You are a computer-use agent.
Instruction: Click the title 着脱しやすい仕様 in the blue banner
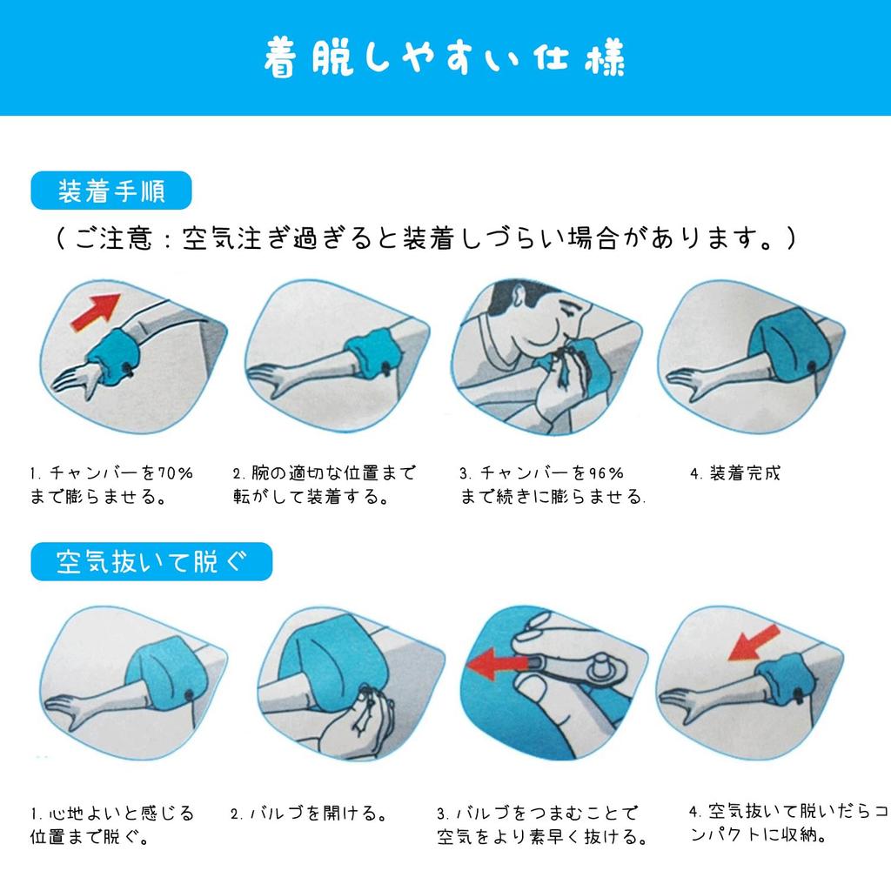(x=445, y=57)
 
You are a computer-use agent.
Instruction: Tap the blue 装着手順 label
(x=111, y=191)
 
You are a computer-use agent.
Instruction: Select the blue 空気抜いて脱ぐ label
(x=151, y=561)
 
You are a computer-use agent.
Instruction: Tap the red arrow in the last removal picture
(x=754, y=643)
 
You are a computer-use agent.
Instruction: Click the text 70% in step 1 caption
(x=175, y=472)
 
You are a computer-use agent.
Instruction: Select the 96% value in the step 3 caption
(x=606, y=472)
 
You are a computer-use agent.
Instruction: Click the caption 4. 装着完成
(x=735, y=472)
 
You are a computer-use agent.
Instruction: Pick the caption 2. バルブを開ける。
(x=309, y=814)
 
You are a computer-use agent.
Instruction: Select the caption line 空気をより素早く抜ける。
(x=542, y=836)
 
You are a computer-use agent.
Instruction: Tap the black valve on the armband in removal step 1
(x=189, y=694)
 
